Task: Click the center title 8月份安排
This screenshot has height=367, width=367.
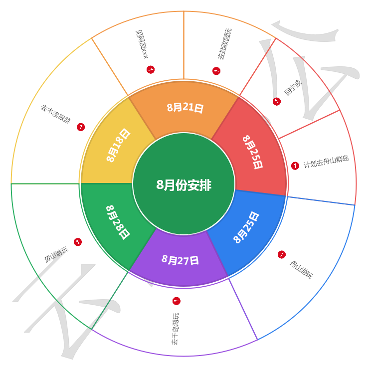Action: tap(183, 185)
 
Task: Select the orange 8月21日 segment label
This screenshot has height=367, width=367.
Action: tap(185, 107)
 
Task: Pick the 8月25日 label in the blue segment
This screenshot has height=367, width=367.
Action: tap(246, 227)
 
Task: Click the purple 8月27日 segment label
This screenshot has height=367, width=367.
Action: tap(181, 260)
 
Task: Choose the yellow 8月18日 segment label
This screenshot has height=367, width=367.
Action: tap(118, 145)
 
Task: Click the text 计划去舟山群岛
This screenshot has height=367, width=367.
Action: tap(326, 162)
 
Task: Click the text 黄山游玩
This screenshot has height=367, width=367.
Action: tap(56, 255)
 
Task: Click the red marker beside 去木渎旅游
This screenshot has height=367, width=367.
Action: tap(81, 128)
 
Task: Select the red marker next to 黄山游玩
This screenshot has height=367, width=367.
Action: tap(78, 242)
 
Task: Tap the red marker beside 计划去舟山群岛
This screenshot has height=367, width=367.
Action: tap(295, 166)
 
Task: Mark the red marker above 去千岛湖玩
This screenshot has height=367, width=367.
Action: tap(176, 301)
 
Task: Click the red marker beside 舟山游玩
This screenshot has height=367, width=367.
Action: tap(281, 254)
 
